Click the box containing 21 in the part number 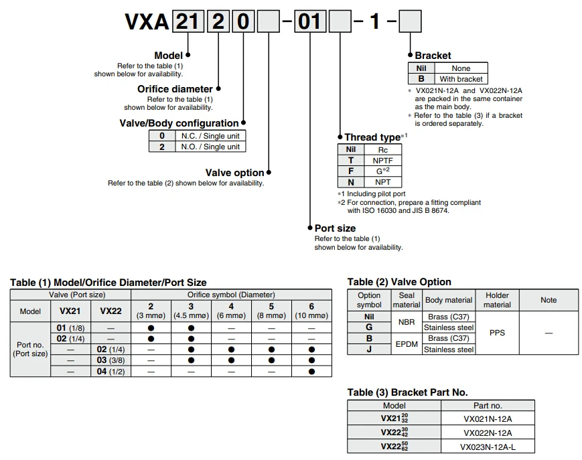(188, 21)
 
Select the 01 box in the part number (310, 21)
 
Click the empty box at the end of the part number (410, 21)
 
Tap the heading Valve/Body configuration (179, 123)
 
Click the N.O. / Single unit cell (210, 147)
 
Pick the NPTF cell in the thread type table (382, 161)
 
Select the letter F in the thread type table (351, 171)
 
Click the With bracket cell (461, 79)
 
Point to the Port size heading (335, 228)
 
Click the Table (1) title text (108, 283)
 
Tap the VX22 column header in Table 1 (111, 311)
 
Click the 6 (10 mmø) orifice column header (311, 311)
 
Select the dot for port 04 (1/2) (311, 372)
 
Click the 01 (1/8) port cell (70, 328)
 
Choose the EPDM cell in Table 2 (407, 344)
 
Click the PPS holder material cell (497, 333)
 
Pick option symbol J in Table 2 (369, 350)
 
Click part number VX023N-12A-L (488, 447)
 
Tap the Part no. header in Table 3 (488, 406)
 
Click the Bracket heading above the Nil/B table (433, 56)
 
